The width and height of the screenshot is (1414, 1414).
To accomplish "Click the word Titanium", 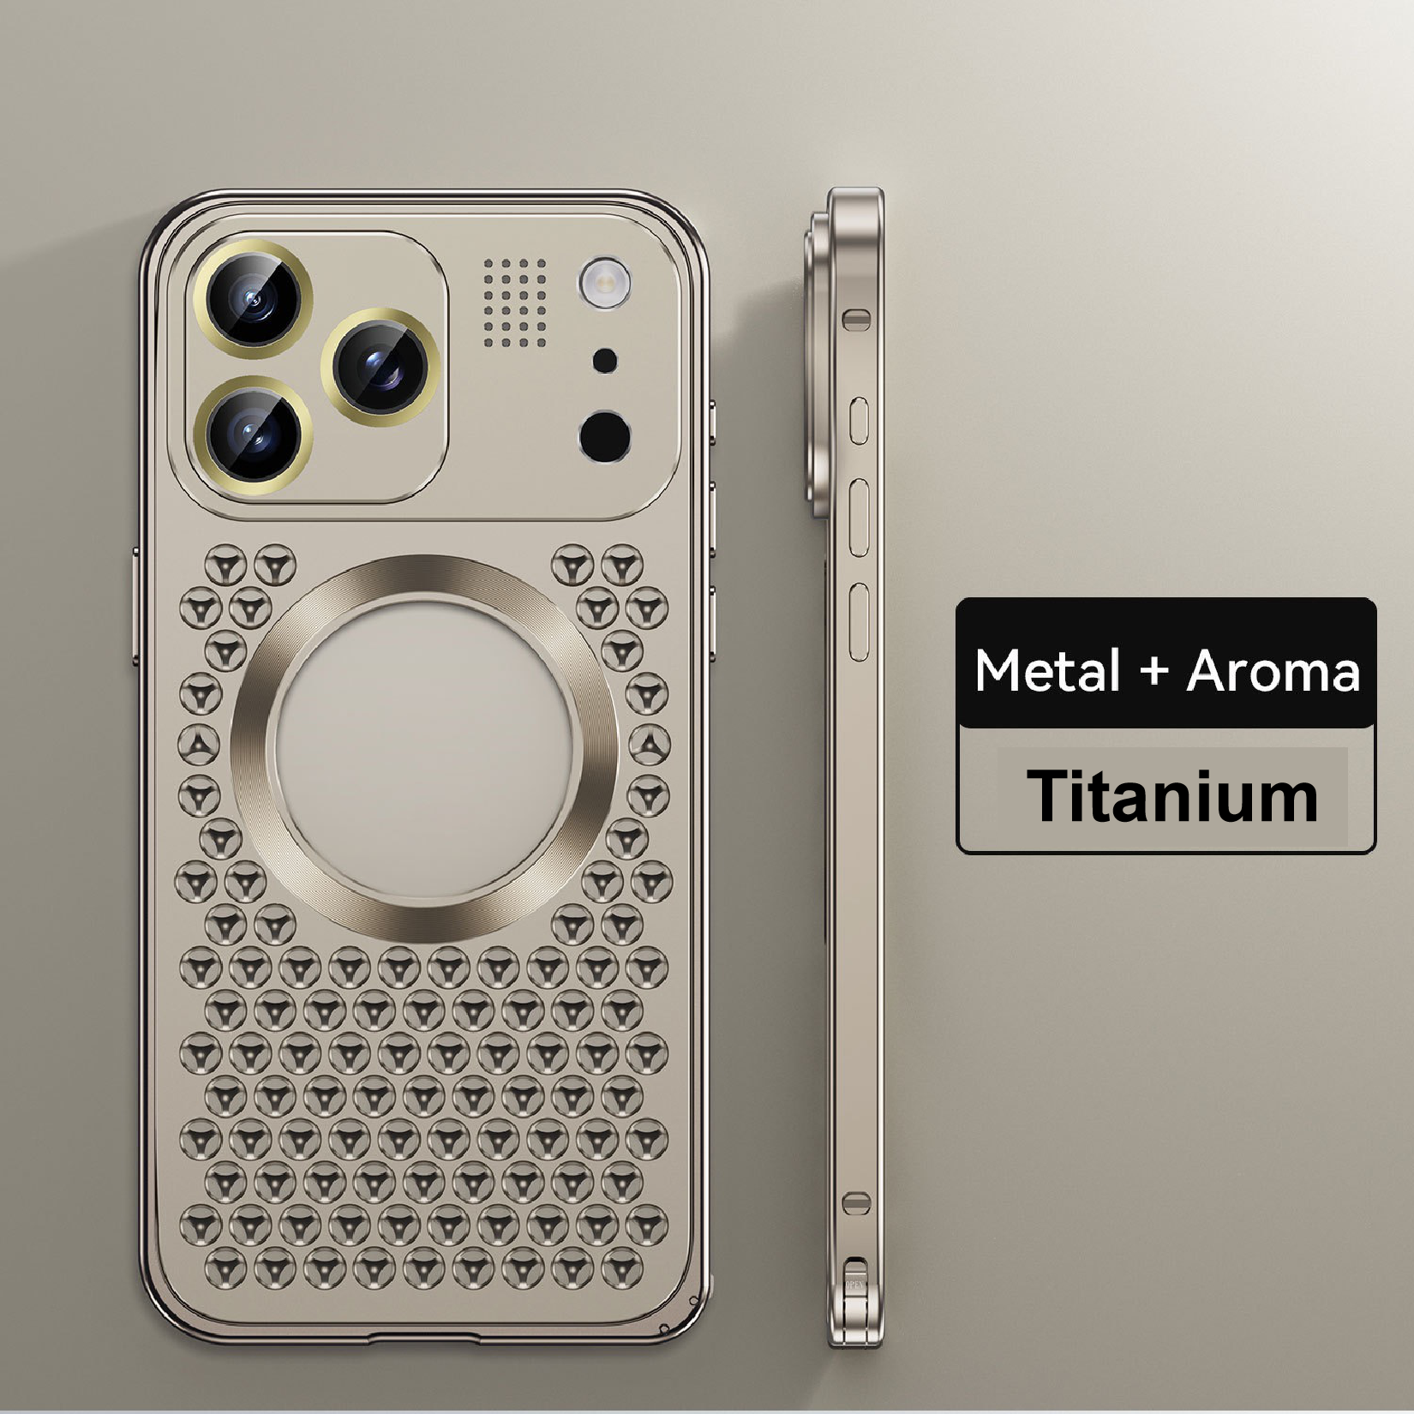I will pyautogui.click(x=1172, y=797).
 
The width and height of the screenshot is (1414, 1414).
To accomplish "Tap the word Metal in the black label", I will pyautogui.click(x=1046, y=670).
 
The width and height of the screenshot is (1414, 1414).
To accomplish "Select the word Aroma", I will pyautogui.click(x=1273, y=670).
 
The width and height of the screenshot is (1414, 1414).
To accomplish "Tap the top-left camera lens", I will pyautogui.click(x=253, y=299).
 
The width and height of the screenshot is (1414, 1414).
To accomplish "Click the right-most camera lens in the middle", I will pyautogui.click(x=380, y=367).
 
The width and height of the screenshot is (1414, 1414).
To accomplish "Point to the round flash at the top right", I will pyautogui.click(x=605, y=282).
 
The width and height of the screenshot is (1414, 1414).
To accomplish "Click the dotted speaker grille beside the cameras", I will pyautogui.click(x=514, y=303).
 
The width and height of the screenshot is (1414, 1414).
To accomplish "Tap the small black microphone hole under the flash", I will pyautogui.click(x=605, y=361).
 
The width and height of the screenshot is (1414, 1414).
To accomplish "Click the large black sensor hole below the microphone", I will pyautogui.click(x=605, y=435).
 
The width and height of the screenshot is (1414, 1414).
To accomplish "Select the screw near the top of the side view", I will pyautogui.click(x=856, y=320).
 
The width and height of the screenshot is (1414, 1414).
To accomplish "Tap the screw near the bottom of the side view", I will pyautogui.click(x=856, y=1202).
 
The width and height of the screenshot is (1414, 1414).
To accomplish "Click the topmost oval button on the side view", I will pyautogui.click(x=859, y=421).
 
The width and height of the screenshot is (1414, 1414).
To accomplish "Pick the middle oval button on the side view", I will pyautogui.click(x=859, y=518).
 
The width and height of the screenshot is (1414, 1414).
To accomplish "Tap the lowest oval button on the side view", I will pyautogui.click(x=859, y=621).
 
